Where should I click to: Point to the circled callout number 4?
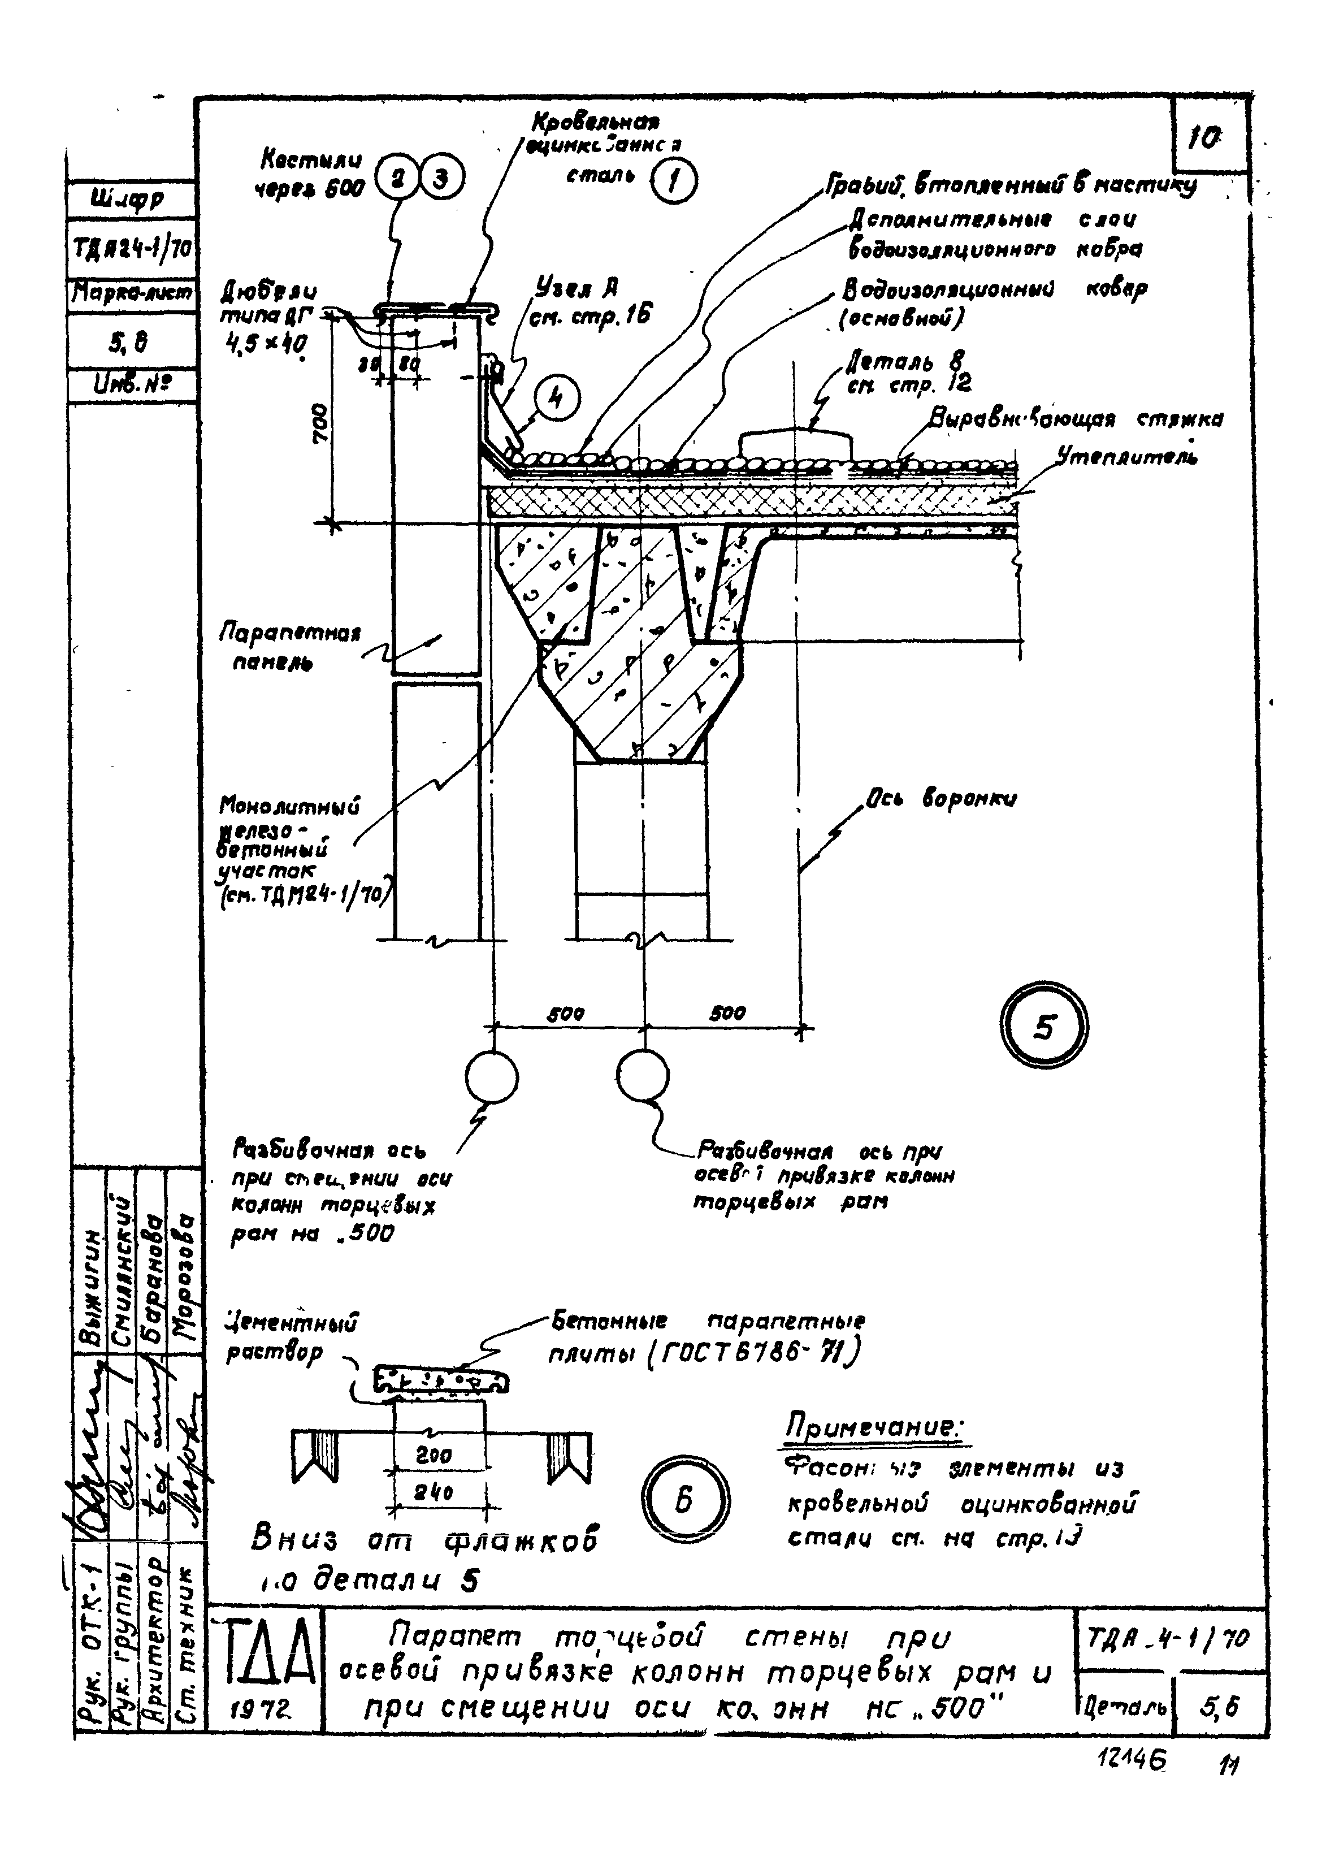pos(557,399)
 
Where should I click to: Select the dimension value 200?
pos(433,1456)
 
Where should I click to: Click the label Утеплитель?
pos(1126,456)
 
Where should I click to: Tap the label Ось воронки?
pos(939,798)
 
